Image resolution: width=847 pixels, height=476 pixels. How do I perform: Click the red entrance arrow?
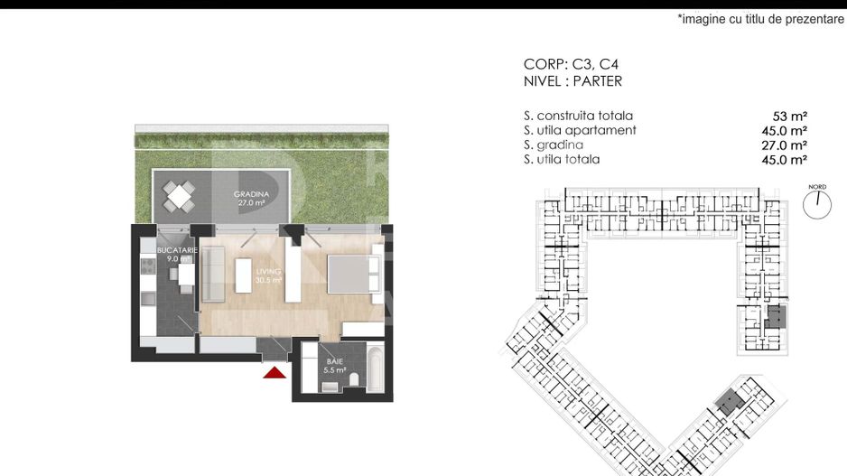pos(275,372)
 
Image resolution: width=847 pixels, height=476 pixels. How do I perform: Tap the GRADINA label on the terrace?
pos(251,194)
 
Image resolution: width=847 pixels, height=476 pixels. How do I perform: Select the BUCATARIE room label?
pos(177,250)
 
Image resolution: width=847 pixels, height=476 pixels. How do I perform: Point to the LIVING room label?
pos(268,271)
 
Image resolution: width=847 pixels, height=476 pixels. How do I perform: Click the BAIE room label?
pos(334,361)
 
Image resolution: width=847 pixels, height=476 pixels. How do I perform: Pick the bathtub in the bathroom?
pos(375,366)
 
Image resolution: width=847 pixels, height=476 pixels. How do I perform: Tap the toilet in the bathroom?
pos(354,378)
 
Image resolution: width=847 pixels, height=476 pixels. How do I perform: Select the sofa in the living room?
pos(213,274)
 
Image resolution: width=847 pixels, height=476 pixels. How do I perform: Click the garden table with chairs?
pos(180,196)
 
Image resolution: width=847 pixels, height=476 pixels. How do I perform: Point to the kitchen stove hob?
pos(148,265)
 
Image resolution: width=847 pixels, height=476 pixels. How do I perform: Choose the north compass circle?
pos(816,205)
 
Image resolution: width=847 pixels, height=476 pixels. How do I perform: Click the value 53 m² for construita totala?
pos(790,117)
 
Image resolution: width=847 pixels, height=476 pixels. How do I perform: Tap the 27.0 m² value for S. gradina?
pos(785,145)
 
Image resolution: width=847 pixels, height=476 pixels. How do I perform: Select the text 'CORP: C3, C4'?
pos(571,64)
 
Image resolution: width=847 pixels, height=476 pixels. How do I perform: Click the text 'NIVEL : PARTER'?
pos(572,81)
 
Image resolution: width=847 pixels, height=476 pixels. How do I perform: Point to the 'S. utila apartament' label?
pos(580,130)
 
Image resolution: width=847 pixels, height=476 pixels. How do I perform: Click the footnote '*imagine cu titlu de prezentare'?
pos(760,19)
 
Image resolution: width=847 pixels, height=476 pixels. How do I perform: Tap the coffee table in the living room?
pos(244,275)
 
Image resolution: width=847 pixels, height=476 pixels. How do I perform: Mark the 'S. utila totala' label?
pos(562,159)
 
